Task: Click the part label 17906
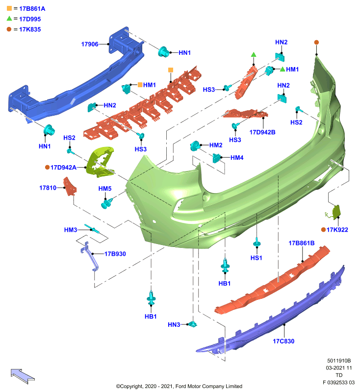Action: (90, 44)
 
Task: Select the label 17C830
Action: (283, 341)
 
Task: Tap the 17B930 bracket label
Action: (115, 254)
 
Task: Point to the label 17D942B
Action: (262, 132)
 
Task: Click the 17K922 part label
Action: (337, 230)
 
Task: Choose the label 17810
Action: (48, 188)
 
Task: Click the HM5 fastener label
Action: (105, 189)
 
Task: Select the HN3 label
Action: (174, 325)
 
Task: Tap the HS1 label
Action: (257, 258)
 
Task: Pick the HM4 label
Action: (237, 158)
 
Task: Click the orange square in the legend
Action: (9, 8)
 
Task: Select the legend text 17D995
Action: (30, 19)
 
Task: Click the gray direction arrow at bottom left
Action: (23, 375)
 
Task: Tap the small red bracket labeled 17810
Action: (70, 187)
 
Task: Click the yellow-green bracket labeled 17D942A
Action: (100, 162)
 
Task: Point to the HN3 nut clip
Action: (193, 324)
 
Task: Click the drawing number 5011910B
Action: (339, 361)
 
